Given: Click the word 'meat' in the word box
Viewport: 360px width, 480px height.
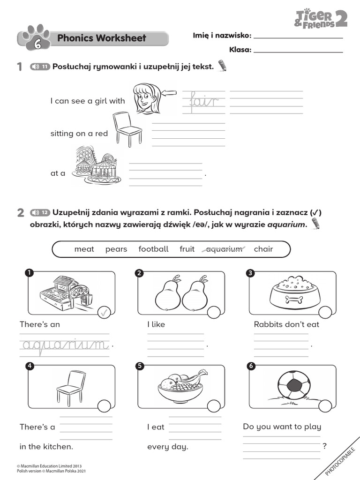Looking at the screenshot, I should click(x=84, y=249).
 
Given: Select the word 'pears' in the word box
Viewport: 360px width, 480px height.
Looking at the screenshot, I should click(x=116, y=249).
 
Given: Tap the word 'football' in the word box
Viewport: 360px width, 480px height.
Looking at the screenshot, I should click(x=153, y=249).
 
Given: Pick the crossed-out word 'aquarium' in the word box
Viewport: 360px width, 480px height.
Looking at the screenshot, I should click(x=225, y=249).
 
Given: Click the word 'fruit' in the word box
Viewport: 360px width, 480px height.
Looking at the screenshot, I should click(x=187, y=249).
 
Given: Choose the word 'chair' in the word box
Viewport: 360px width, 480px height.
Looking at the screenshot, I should click(x=263, y=249).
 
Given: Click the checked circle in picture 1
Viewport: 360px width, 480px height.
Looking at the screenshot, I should click(x=104, y=313).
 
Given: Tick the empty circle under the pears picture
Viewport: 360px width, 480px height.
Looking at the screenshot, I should click(x=213, y=313).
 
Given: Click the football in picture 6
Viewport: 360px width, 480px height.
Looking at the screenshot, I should click(x=294, y=386).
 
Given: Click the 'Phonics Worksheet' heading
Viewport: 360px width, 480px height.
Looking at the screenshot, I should click(x=101, y=38).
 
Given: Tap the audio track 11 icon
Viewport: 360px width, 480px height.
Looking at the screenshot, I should click(x=40, y=67).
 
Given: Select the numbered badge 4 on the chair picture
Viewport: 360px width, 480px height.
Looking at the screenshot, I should click(x=30, y=367).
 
